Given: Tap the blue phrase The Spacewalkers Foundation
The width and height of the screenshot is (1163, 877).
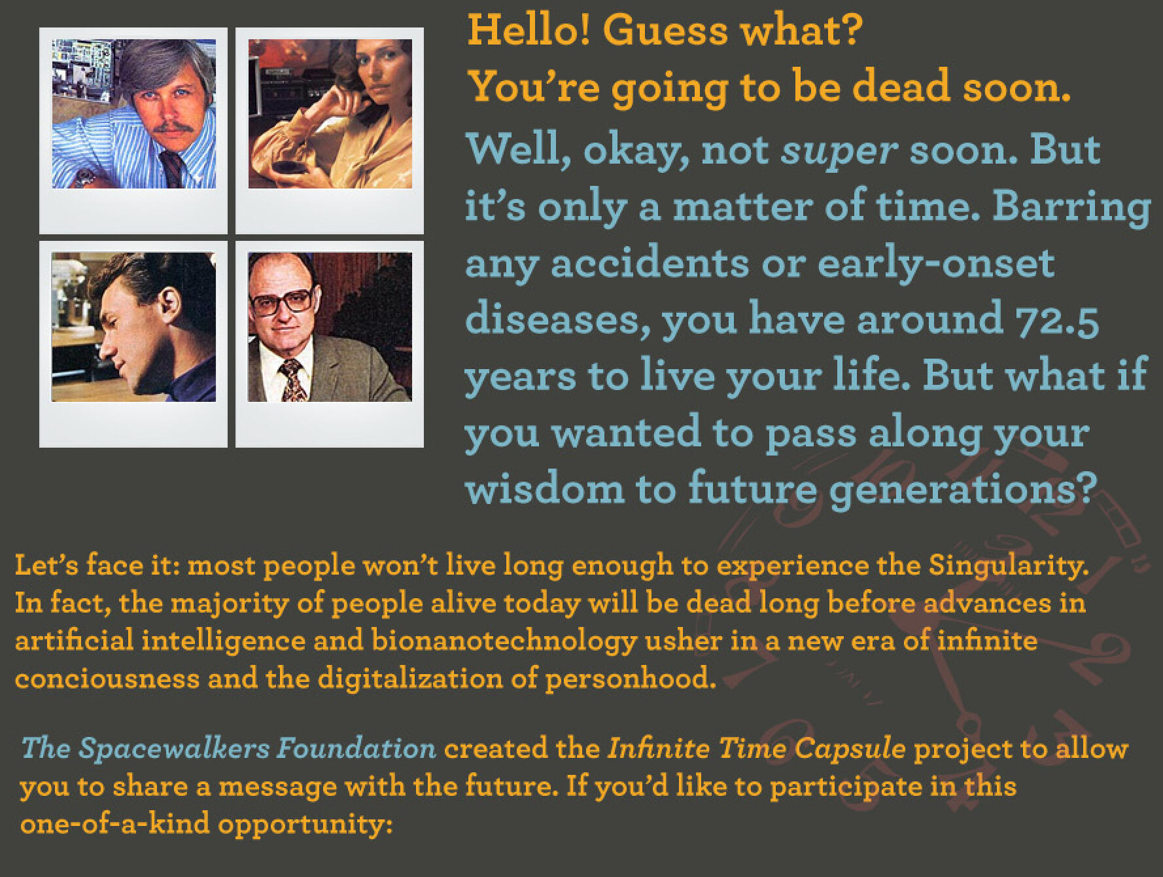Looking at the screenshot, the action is click(x=229, y=748).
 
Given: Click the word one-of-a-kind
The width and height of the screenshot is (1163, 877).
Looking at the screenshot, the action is click(x=114, y=823).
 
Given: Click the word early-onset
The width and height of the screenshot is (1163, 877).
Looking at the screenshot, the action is click(x=936, y=264).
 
